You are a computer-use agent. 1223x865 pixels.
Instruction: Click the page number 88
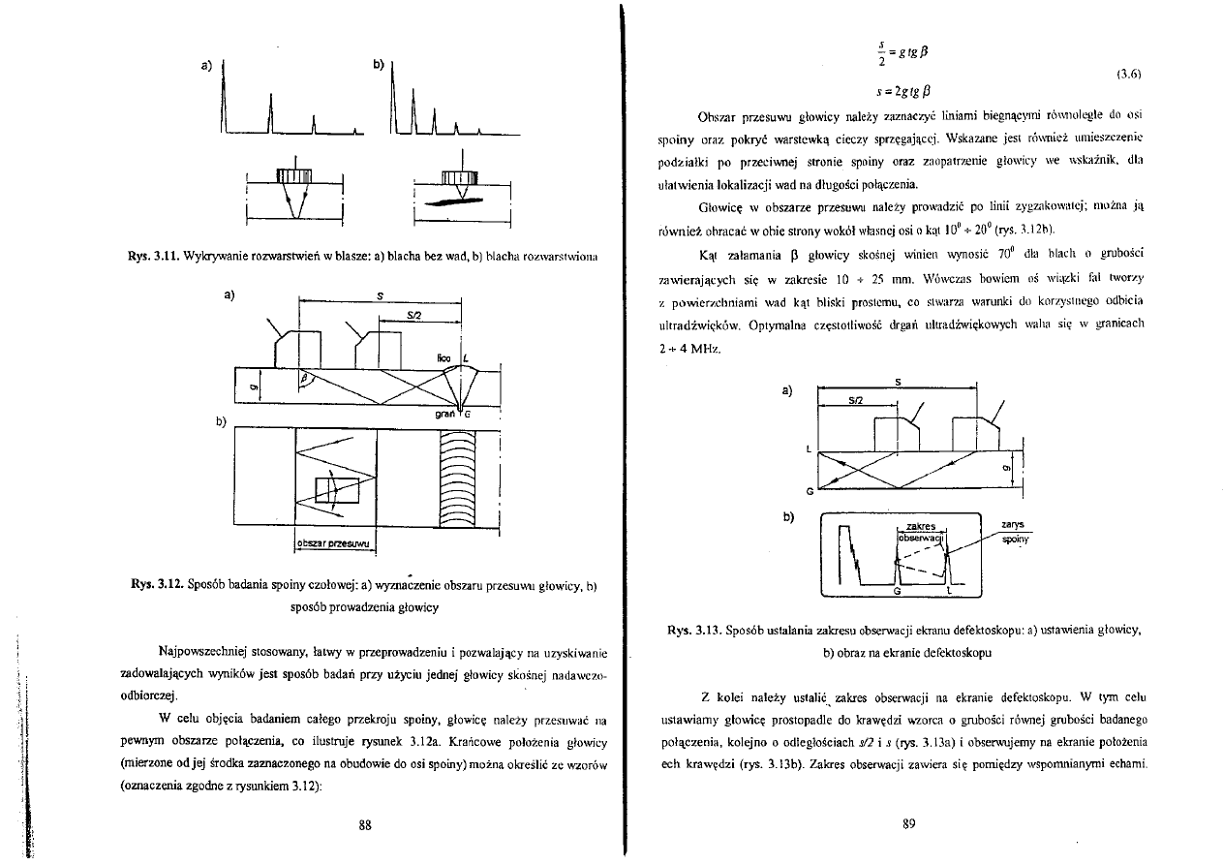pos(366,825)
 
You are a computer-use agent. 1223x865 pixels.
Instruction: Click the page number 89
pos(908,824)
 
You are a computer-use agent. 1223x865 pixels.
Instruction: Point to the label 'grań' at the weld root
pos(446,413)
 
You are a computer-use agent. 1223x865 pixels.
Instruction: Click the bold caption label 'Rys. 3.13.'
pos(696,631)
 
